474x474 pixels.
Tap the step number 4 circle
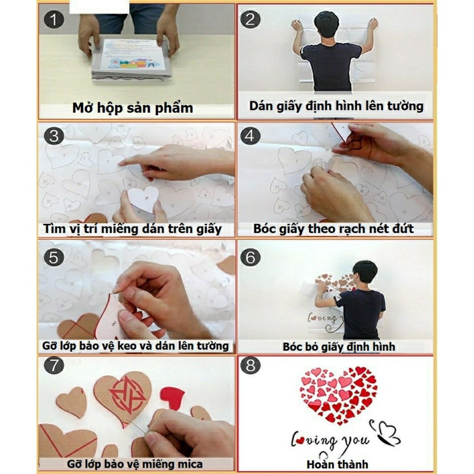point(250,136)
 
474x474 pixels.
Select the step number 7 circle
point(54,366)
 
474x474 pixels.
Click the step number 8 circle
point(250,366)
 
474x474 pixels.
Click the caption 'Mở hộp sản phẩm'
point(132,108)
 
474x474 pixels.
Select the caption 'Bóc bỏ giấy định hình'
point(339,347)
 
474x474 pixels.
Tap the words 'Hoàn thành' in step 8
point(337,464)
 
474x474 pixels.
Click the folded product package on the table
point(131,61)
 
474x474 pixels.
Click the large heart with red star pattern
point(123,396)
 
